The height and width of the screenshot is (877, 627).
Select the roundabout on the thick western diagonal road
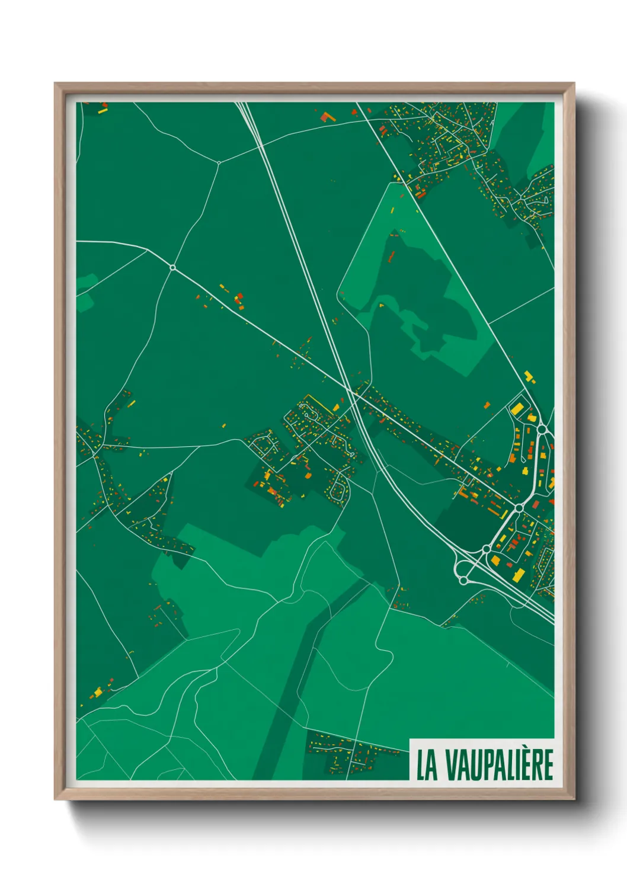click(172, 268)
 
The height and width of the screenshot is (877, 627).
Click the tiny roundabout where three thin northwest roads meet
click(219, 162)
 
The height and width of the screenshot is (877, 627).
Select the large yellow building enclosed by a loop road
click(517, 409)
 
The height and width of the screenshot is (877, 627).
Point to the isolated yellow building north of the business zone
click(529, 376)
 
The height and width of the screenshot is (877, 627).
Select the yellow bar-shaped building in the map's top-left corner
click(103, 110)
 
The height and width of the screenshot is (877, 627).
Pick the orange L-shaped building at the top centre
click(327, 116)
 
